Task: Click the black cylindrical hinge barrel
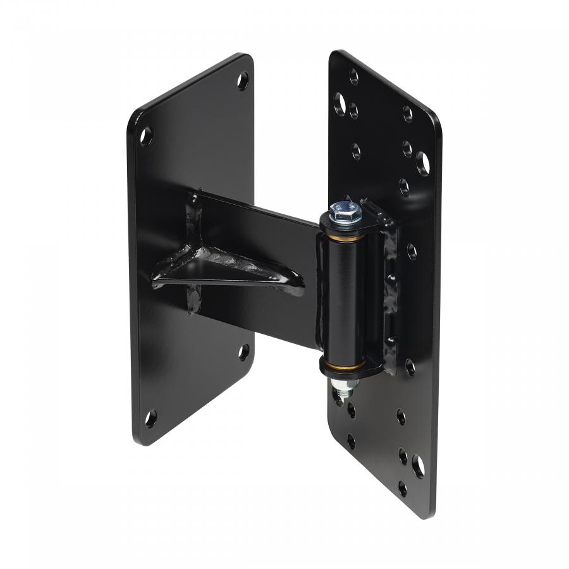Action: (343, 297)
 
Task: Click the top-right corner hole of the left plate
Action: (243, 80)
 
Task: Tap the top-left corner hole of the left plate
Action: (146, 135)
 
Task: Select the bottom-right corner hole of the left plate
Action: (243, 352)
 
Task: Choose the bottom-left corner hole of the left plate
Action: (150, 418)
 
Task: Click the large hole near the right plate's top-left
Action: (340, 101)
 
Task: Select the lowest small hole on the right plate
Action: (402, 488)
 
